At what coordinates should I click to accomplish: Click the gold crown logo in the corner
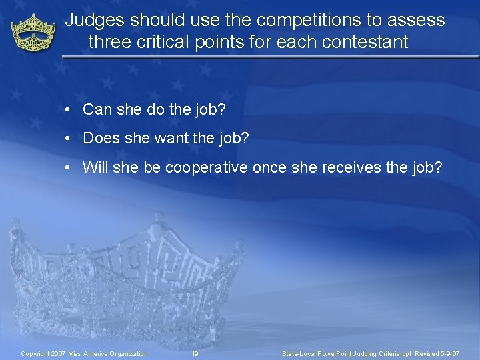click(x=33, y=33)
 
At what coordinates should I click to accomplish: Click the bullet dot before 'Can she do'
click(x=69, y=110)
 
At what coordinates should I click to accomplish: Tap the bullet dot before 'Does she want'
click(x=69, y=139)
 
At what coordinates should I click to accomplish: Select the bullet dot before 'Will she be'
click(x=69, y=167)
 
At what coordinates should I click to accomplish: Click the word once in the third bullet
click(x=270, y=167)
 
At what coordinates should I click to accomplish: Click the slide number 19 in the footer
click(x=195, y=353)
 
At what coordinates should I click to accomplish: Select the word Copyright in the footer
click(x=36, y=353)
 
